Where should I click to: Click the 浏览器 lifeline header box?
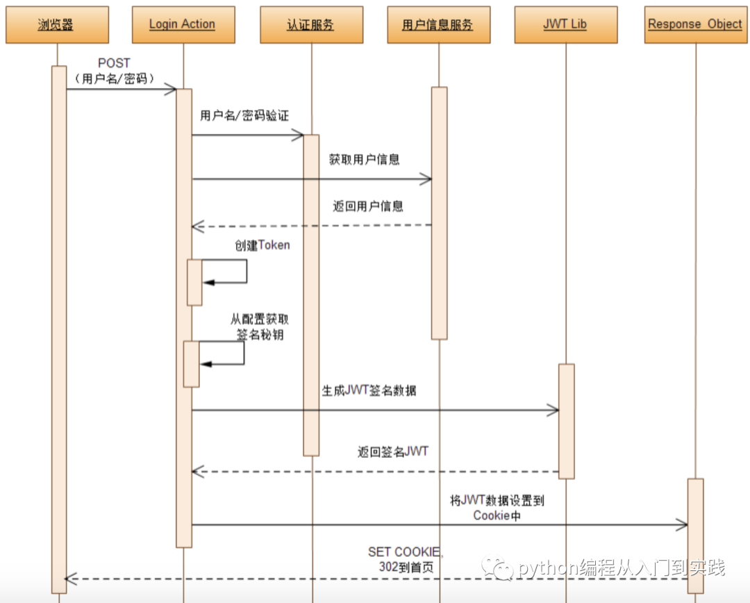[x=58, y=25]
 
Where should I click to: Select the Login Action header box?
[x=183, y=25]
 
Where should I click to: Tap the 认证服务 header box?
[x=311, y=25]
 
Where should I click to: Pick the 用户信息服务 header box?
[x=439, y=25]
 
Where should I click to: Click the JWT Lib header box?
[x=566, y=25]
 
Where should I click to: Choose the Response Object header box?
[x=696, y=25]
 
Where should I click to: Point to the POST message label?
[x=115, y=71]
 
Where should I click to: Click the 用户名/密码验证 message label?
[x=244, y=115]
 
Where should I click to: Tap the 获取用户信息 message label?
[x=364, y=159]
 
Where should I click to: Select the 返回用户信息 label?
[x=368, y=206]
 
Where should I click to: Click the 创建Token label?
[x=262, y=245]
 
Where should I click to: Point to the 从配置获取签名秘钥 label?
[x=260, y=327]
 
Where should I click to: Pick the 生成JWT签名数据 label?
[x=369, y=390]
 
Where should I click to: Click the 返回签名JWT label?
[x=392, y=452]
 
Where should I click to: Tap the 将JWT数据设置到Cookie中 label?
[x=497, y=508]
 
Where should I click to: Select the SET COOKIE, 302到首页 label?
[x=406, y=559]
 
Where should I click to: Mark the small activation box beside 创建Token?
[x=194, y=282]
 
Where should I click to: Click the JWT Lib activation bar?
[x=567, y=421]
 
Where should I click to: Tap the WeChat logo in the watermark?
[x=497, y=568]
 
